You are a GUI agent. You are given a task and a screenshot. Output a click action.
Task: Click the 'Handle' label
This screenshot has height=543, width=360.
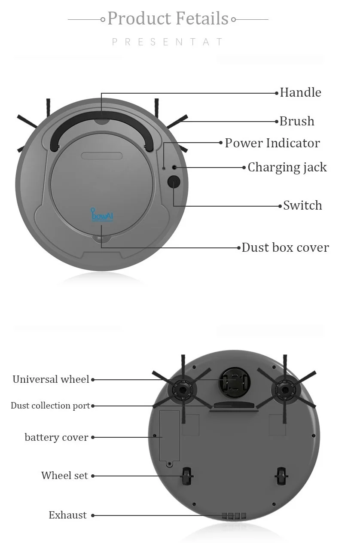pos(300,92)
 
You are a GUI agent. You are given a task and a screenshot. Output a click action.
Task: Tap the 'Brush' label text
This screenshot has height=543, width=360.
pos(297,121)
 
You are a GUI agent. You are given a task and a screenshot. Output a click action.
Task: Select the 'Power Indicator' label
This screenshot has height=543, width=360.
pos(272,143)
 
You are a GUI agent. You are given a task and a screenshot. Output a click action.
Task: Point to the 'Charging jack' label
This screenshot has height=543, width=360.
pos(287,167)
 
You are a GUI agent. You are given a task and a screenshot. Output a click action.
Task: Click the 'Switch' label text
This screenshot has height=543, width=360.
pos(302,205)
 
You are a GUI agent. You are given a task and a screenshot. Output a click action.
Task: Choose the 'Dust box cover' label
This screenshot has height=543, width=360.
pos(285,247)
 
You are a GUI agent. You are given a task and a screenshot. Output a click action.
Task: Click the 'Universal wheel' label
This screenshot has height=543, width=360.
pos(51,379)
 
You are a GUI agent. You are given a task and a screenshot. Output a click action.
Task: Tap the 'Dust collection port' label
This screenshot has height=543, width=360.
pos(50,406)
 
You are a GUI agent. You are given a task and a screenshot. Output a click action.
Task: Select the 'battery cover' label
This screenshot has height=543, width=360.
pos(56,437)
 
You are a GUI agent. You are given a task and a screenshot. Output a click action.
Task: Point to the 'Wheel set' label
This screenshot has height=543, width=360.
pos(64,476)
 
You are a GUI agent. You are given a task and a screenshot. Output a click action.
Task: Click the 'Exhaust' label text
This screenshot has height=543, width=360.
pos(67,515)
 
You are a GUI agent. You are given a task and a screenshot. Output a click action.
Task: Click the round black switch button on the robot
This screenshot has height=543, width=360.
pos(174,182)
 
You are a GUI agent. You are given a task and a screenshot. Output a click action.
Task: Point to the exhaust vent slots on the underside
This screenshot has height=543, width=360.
pos(234,516)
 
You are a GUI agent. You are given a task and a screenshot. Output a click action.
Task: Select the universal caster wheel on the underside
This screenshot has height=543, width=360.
pos(234,381)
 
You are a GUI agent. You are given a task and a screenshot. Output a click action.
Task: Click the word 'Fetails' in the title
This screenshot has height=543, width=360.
pos(201,18)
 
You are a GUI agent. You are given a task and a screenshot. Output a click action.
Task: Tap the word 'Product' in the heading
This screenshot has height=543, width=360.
pos(139,18)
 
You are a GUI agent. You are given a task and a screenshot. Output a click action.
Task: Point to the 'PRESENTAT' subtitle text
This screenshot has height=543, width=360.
pos(168,42)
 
